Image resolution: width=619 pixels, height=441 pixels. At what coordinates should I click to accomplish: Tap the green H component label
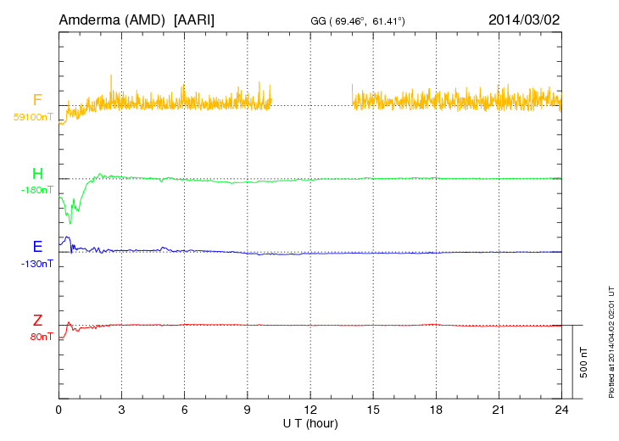pos(37,174)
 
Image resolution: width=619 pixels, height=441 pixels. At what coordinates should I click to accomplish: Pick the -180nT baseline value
pos(36,190)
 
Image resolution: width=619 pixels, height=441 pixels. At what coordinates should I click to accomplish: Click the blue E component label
pos(37,247)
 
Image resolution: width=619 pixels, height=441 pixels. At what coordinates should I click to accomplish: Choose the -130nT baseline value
pos(36,263)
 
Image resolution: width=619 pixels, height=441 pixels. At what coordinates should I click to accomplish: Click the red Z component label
pos(37,321)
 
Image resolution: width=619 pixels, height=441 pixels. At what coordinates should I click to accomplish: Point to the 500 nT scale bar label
pos(584,362)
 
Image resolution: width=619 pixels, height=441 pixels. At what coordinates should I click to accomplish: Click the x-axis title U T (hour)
pos(310,423)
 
